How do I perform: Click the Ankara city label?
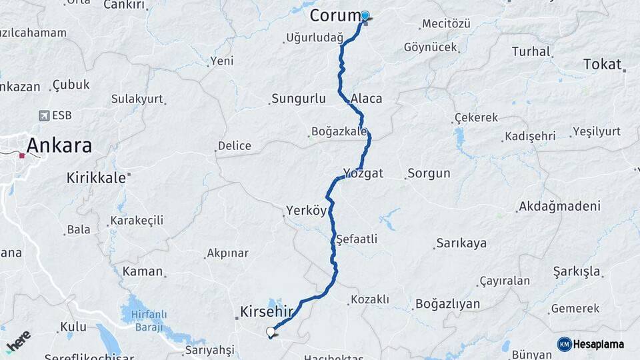(x=59, y=145)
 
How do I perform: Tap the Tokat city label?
(x=601, y=64)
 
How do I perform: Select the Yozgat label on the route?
(x=363, y=173)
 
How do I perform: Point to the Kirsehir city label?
(x=267, y=311)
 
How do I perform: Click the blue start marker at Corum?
(x=365, y=15)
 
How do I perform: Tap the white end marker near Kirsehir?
(x=270, y=331)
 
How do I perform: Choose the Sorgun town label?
(x=429, y=173)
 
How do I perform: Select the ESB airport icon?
(x=44, y=115)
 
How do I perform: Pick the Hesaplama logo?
(x=591, y=344)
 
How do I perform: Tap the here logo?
(x=19, y=341)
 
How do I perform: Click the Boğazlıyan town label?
(x=447, y=304)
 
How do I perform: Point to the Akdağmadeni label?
(x=559, y=205)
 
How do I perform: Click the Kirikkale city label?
(x=96, y=177)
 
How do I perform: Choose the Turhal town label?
(x=531, y=51)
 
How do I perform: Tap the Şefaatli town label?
(x=357, y=238)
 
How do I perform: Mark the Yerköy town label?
(x=306, y=211)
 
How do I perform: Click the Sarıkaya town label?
(x=461, y=243)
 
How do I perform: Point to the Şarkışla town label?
(x=577, y=271)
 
